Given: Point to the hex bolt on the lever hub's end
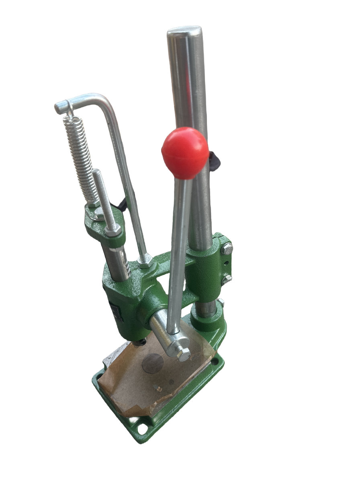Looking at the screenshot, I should pyautogui.click(x=184, y=354).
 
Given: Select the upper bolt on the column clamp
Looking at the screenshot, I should pyautogui.click(x=227, y=248).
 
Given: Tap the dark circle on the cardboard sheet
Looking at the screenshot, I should pyautogui.click(x=153, y=363).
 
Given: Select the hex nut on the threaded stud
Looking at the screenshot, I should pyautogui.click(x=113, y=230).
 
